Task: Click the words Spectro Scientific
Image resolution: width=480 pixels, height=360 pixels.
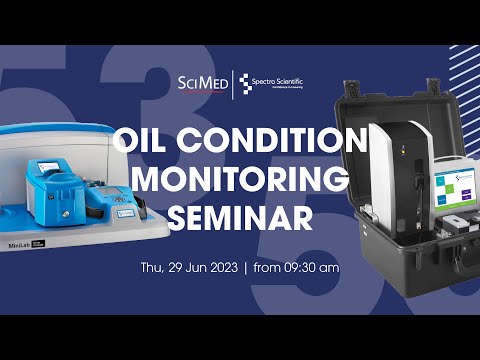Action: click(x=285, y=80)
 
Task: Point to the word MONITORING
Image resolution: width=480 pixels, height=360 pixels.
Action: click(x=240, y=178)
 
